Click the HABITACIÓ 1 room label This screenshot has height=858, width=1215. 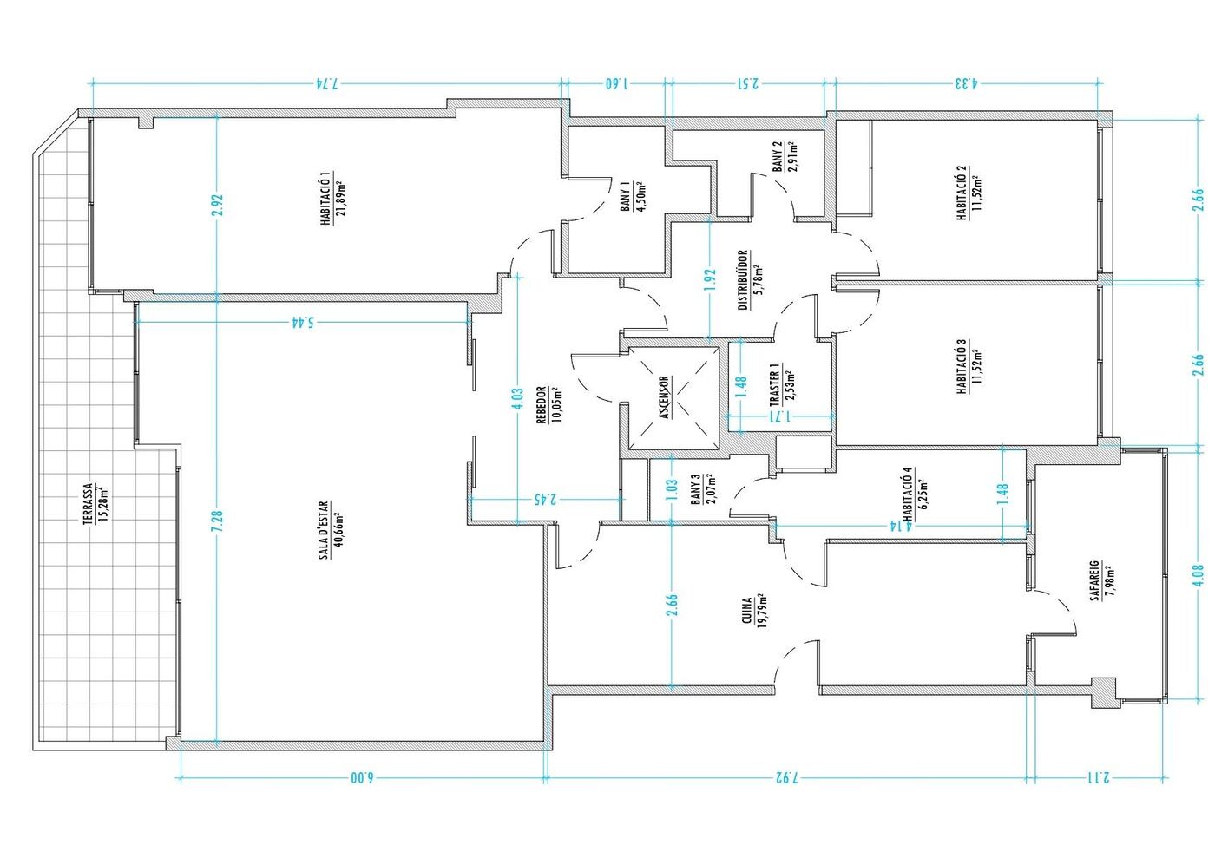[x=325, y=199]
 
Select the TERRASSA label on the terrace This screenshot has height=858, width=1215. [x=88, y=504]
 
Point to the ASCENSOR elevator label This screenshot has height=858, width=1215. [x=665, y=398]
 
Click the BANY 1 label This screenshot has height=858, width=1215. [x=625, y=197]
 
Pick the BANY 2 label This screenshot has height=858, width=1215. [x=778, y=156]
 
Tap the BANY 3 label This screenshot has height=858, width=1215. [x=695, y=490]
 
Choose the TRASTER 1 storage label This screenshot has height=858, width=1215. [x=774, y=384]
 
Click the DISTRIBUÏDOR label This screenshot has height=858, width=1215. [x=743, y=280]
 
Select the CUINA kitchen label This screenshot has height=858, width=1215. [x=747, y=612]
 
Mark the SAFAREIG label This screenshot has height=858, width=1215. [x=1094, y=580]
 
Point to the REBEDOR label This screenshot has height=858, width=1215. [x=541, y=404]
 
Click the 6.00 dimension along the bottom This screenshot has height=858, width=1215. [x=362, y=778]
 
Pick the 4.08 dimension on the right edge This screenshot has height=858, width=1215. [x=1199, y=575]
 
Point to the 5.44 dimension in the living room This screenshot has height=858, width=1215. [x=302, y=323]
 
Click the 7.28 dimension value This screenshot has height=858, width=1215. [x=217, y=521]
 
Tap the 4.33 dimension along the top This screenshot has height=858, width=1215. [x=966, y=83]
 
